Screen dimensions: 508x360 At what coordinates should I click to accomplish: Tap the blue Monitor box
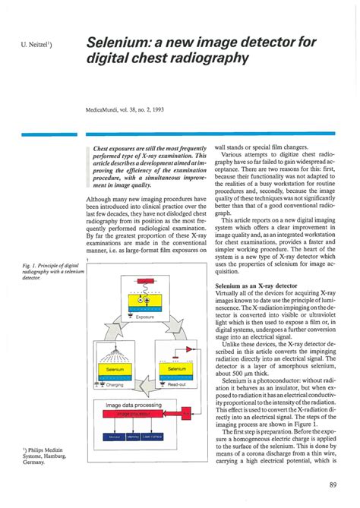(x=114, y=437)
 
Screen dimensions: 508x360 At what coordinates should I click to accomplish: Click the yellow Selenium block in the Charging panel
(x=113, y=369)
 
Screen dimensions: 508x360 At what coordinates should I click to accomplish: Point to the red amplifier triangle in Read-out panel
(x=175, y=353)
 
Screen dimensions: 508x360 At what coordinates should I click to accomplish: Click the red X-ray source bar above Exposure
(x=144, y=281)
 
